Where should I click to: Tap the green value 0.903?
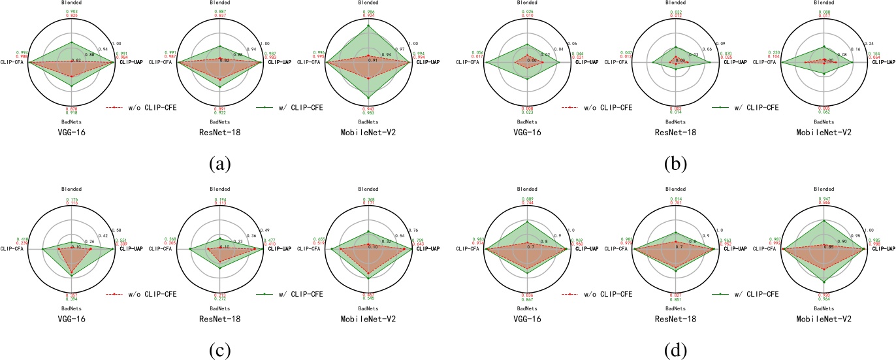pos(72,12)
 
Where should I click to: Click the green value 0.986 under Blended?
pos(368,12)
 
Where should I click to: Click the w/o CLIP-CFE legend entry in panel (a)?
pos(146,106)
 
